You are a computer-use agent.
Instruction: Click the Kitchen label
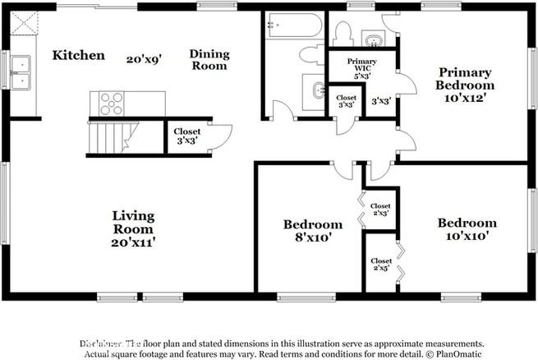pos(79,55)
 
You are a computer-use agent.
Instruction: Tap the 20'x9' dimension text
pos(144,59)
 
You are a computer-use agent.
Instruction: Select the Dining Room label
pos(209,59)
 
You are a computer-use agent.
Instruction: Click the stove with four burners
pos(111,104)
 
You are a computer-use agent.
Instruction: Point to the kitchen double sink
pos(20,72)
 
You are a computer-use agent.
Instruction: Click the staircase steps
pos(108,136)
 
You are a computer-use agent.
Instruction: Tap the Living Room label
pos(133,221)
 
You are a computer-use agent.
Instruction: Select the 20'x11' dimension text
pos(133,242)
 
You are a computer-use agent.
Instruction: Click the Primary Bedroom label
pos(465,78)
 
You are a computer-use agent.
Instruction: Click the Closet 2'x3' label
pos(380,210)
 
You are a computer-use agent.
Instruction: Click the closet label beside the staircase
pos(187,135)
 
